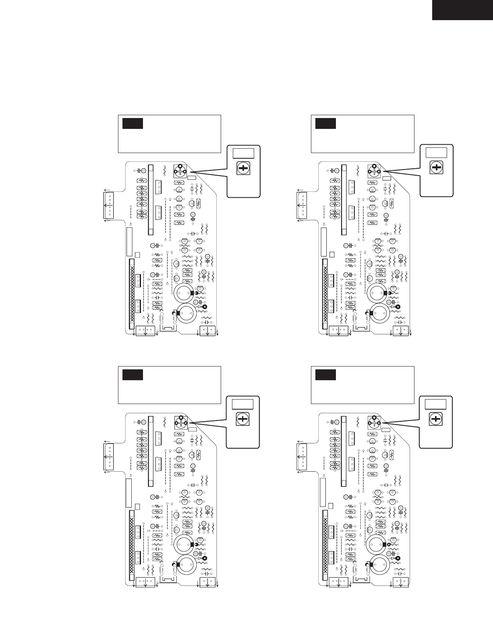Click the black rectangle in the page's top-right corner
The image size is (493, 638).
(462, 10)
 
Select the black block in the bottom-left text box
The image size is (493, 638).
(133, 375)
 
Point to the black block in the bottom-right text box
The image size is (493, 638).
(325, 375)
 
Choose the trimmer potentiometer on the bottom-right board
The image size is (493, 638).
(374, 422)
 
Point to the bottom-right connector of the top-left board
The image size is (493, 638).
(208, 331)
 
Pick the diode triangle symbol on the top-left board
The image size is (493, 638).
(199, 307)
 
